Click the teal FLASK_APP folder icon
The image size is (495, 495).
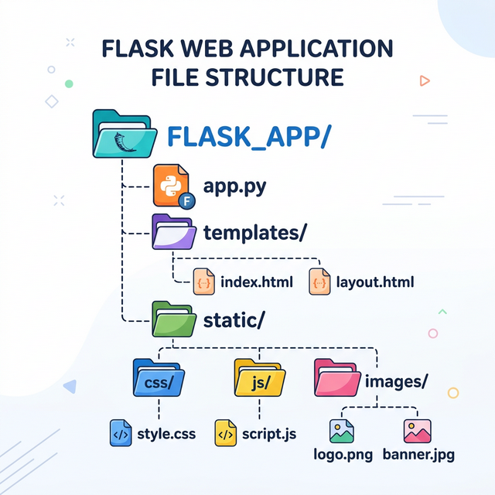124,135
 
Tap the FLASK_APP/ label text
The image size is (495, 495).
249,137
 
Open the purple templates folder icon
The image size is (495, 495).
175,233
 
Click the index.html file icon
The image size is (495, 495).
203,281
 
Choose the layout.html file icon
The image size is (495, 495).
319,281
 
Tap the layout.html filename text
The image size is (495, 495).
375,282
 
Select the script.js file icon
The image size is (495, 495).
224,433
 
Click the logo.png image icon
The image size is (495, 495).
341,431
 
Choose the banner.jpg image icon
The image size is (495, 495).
418,431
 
